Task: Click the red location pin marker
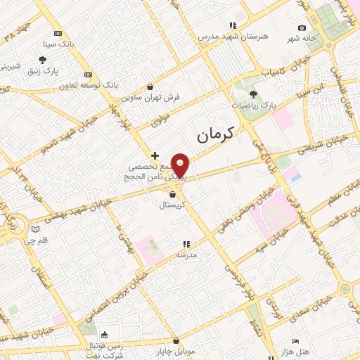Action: point(181,165)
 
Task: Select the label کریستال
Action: point(172,205)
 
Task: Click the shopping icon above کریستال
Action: point(172,194)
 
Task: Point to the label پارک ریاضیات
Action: point(252,105)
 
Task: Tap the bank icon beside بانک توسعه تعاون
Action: point(88,75)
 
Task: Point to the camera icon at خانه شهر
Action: point(302,28)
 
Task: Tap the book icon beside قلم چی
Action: point(36,229)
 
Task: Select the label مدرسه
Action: point(186,254)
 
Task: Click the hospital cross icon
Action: point(155,155)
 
